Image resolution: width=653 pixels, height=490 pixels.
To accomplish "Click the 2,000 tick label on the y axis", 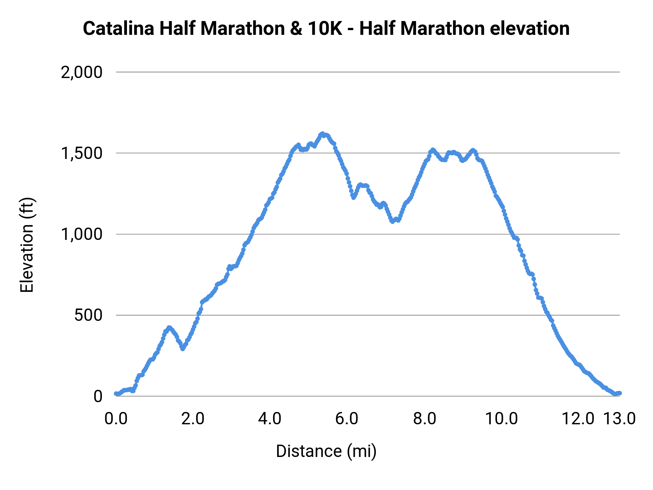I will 82,72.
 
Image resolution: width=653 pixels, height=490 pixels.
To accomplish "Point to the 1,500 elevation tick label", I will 82,153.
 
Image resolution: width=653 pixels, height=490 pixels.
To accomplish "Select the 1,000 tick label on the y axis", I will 82,234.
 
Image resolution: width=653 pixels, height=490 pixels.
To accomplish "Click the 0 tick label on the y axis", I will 98,396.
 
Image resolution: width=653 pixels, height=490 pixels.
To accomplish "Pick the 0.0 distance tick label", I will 116,418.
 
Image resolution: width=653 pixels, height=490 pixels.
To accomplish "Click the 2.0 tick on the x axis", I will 193,418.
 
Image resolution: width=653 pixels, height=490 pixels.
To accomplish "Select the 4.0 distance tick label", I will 270,418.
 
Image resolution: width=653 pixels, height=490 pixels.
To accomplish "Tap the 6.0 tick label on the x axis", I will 347,418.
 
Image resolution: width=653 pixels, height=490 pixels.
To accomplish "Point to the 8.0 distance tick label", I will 425,418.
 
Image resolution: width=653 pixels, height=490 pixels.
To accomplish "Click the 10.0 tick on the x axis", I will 502,418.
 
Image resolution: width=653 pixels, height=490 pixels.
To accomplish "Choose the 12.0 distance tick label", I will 578,418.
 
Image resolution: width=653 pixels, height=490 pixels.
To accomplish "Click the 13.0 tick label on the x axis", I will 620,418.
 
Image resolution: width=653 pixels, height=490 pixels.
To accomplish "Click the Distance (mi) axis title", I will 326,451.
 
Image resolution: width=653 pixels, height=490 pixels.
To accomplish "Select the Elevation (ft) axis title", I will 27,245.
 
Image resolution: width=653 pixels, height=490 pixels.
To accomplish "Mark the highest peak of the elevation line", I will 322,134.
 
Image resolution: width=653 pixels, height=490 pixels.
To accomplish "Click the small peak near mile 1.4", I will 169,328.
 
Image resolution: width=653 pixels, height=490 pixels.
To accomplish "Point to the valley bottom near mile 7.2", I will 392,221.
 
